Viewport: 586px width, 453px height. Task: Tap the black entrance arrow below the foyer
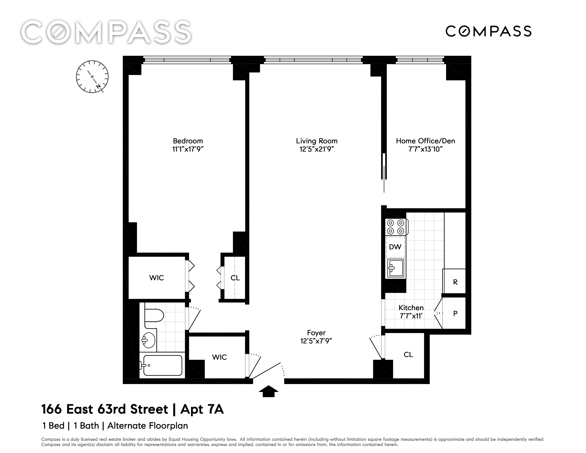click(269, 391)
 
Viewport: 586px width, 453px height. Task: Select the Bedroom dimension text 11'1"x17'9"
click(188, 149)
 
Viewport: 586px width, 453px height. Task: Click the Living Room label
click(317, 141)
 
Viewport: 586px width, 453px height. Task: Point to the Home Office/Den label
click(426, 141)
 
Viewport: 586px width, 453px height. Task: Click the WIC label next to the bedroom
click(156, 278)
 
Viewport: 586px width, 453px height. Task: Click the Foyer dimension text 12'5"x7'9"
click(316, 341)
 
